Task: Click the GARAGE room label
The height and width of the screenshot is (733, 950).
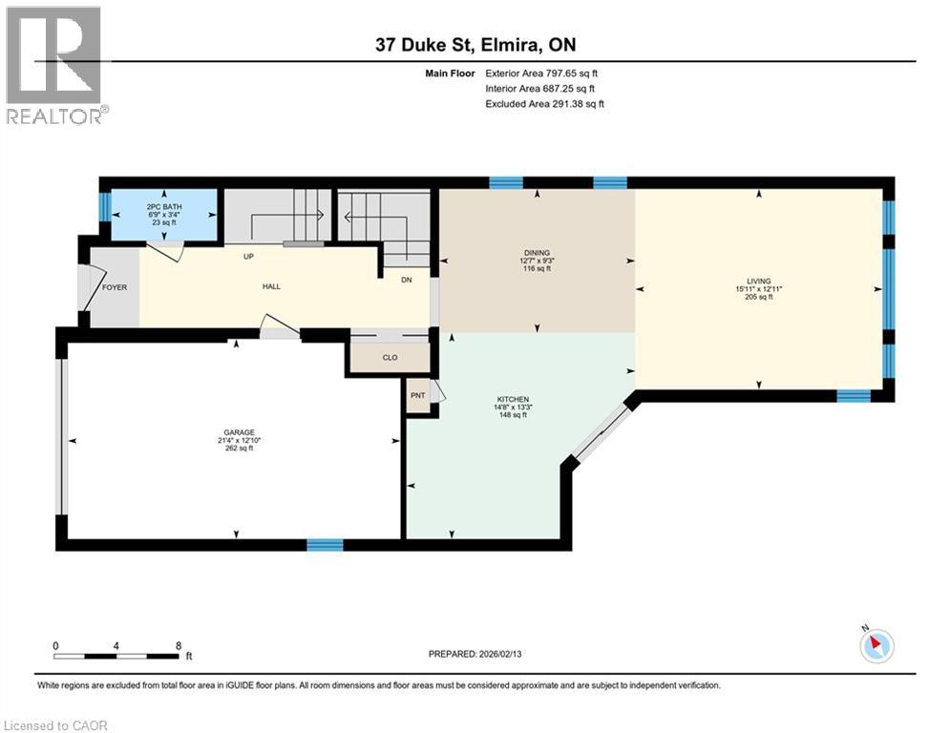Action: [x=239, y=432]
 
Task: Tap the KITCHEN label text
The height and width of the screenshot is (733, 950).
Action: [x=513, y=399]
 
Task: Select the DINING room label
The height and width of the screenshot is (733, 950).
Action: [x=537, y=253]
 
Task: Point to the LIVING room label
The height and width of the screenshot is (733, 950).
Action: [x=758, y=282]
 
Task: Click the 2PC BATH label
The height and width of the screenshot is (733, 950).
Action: [x=164, y=206]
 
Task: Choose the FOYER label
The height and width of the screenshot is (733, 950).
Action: [x=115, y=287]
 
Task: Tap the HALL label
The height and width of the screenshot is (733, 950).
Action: [x=271, y=286]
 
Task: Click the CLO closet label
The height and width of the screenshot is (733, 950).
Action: [x=391, y=357]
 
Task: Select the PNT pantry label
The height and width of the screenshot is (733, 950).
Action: [x=418, y=395]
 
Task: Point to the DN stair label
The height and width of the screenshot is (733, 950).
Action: [x=407, y=280]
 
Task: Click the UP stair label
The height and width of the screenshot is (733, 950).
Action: [x=248, y=256]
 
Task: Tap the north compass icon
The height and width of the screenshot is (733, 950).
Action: [x=876, y=644]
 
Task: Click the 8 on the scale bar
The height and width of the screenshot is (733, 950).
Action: [x=179, y=646]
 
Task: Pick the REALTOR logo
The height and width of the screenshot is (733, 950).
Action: [x=54, y=65]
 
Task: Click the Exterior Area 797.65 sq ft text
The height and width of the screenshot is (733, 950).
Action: [x=541, y=73]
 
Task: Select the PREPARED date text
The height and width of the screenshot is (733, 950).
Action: [x=475, y=654]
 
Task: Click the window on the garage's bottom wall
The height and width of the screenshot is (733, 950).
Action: [x=325, y=545]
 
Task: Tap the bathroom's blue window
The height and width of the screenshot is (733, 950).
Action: [x=105, y=206]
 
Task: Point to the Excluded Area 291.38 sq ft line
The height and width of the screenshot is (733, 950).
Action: [x=544, y=104]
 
